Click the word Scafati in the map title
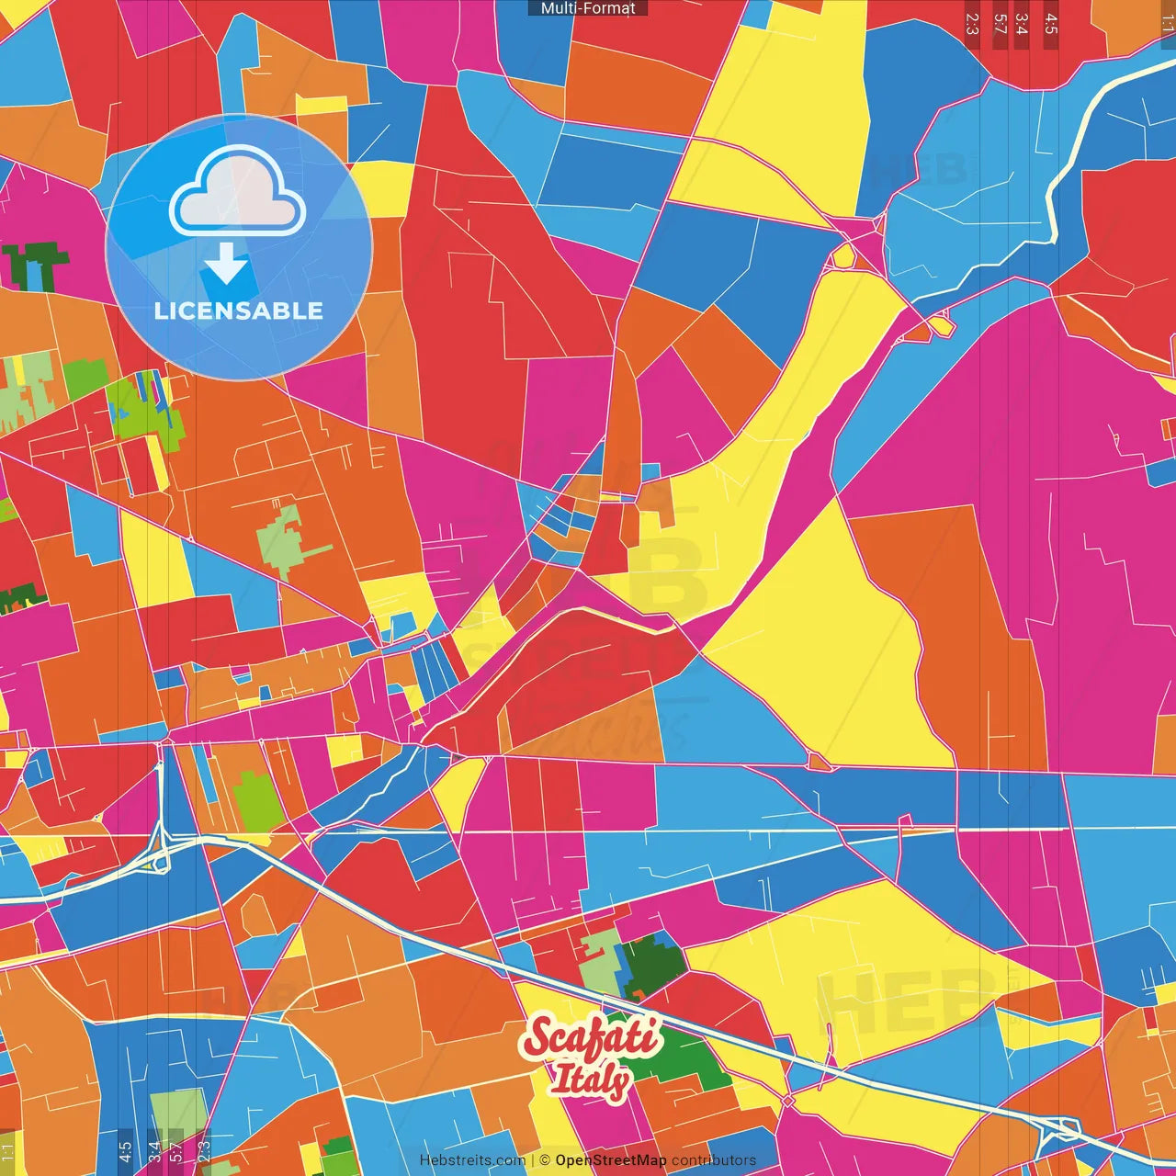591,1037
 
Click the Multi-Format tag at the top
588,8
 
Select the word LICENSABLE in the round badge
239,311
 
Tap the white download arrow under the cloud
225,264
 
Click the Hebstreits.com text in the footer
472,1160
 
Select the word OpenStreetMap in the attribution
610,1160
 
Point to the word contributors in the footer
713,1160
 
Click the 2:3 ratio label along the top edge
973,23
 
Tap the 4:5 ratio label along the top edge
1051,23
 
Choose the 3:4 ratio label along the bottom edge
153,1152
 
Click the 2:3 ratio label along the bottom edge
204,1152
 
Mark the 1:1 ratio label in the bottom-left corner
7,1152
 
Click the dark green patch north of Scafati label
654,965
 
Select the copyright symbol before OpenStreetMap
545,1160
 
